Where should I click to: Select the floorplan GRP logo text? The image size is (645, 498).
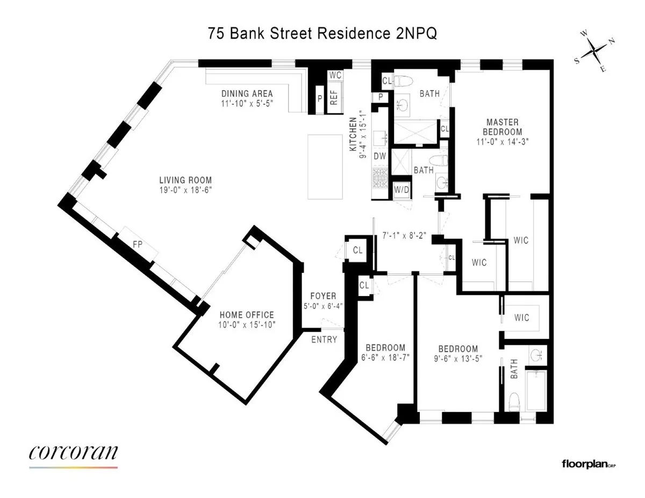tap(588, 464)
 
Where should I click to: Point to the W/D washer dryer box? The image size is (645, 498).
tap(400, 190)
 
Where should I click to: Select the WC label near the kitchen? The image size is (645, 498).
tap(335, 75)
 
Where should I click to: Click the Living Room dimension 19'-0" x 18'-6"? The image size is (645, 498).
tap(185, 190)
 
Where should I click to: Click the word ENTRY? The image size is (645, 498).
tap(325, 339)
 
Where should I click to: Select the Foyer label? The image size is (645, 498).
tap(323, 295)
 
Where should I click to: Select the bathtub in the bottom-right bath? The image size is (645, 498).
tap(535, 391)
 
